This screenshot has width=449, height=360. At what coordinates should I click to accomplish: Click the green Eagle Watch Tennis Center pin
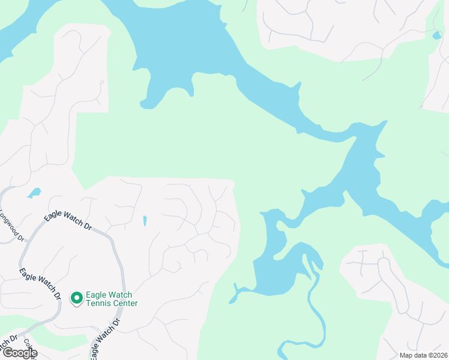point(76,298)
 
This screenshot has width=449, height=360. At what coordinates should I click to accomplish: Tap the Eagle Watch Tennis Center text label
point(112,299)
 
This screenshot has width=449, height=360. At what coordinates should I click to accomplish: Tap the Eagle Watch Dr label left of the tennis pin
point(40,283)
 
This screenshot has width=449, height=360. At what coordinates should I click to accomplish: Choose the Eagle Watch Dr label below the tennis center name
point(104,337)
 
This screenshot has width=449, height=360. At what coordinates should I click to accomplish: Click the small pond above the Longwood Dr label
point(34,193)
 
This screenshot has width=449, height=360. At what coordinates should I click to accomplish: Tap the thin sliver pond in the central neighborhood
point(145,221)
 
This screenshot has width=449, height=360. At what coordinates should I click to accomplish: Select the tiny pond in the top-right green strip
point(436,35)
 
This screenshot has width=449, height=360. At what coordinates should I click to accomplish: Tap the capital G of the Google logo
point(7,353)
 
